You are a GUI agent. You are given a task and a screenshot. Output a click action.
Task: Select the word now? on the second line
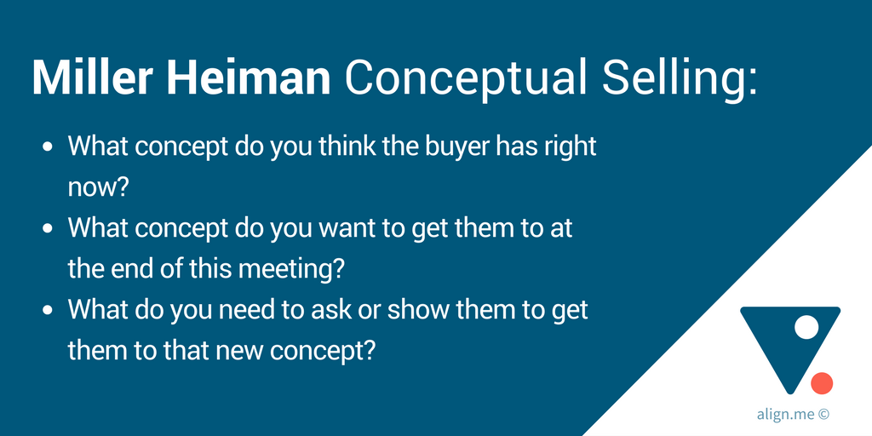click(99, 188)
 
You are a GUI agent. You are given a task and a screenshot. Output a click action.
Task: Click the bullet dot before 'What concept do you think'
click(48, 147)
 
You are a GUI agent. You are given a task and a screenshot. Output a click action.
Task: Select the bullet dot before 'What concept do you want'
click(48, 229)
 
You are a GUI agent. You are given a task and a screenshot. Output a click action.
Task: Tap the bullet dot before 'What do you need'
click(48, 311)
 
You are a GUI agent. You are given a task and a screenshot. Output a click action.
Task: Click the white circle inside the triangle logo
click(806, 327)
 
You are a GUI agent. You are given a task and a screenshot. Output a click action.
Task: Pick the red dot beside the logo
click(822, 383)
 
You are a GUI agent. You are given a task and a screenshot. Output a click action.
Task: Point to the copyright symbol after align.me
click(824, 415)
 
